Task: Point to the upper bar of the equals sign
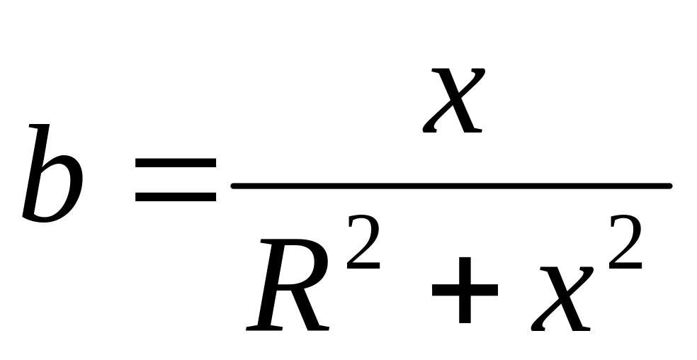176,164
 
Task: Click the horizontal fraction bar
451,186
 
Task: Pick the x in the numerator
453,101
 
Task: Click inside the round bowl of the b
57,190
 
